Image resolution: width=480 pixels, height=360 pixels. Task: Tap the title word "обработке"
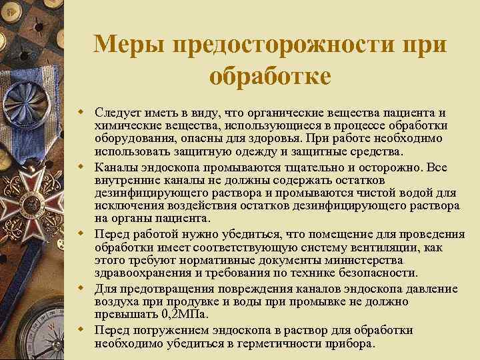pos(269,75)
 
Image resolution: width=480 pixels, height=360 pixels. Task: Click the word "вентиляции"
pos(364,247)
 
